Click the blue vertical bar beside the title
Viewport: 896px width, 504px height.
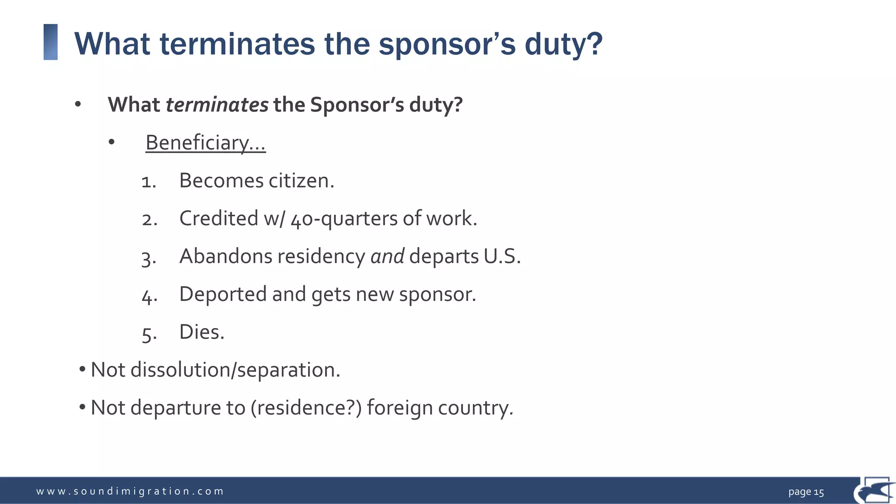point(51,42)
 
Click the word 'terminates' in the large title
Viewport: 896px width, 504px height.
point(237,44)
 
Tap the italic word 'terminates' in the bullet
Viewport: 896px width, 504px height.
point(217,105)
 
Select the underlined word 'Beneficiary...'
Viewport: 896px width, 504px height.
point(205,143)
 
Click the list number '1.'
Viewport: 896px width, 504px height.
point(149,182)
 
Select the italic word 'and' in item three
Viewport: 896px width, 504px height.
point(387,256)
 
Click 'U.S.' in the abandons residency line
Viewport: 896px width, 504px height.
point(502,256)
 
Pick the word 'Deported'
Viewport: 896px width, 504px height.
point(223,294)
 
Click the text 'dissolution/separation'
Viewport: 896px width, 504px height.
point(235,370)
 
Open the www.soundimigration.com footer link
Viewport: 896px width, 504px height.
point(130,491)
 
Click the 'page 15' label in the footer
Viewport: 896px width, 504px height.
point(806,492)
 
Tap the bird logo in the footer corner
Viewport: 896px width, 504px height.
point(874,490)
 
